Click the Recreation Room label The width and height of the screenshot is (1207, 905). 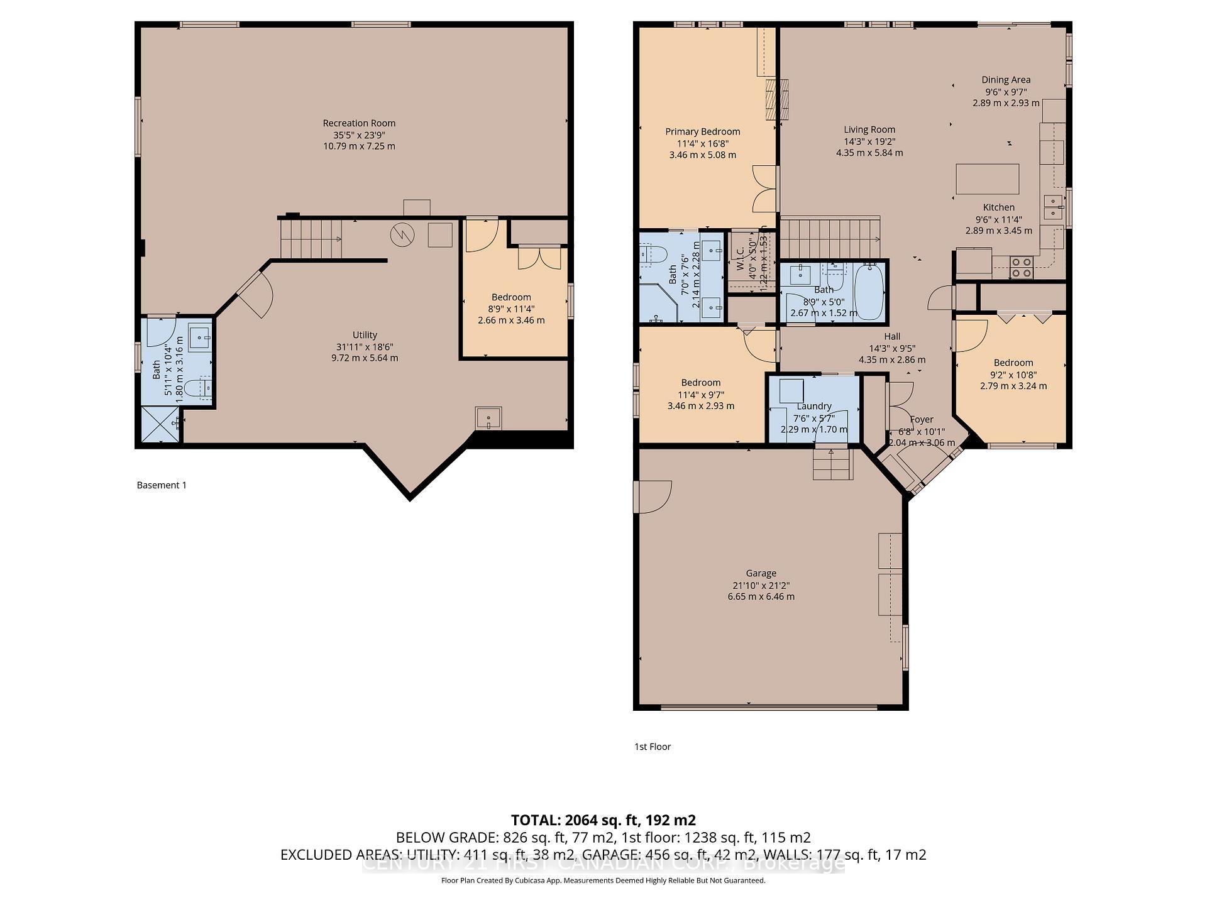(x=359, y=123)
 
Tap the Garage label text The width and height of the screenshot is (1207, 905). (x=761, y=573)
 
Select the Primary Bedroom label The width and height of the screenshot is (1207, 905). (x=702, y=131)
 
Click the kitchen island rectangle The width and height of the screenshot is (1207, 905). (x=987, y=179)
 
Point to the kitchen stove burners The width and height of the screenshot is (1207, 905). (x=1022, y=268)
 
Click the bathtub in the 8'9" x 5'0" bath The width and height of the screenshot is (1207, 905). (x=869, y=292)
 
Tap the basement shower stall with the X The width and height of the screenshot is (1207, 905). (x=160, y=424)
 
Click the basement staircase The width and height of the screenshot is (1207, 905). (x=311, y=238)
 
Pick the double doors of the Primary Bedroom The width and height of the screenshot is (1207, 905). (x=765, y=189)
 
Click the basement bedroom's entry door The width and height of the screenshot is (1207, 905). (x=481, y=234)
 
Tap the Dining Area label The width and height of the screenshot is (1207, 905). (x=1006, y=80)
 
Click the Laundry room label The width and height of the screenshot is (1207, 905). (x=813, y=406)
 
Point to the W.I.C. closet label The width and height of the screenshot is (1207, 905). (x=740, y=254)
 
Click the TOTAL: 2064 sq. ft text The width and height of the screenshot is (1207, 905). (x=603, y=820)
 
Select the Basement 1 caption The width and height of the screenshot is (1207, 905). (x=162, y=485)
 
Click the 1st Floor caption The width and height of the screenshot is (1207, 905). (x=653, y=747)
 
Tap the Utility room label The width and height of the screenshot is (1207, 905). (x=365, y=335)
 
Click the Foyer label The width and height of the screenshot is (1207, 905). (x=922, y=419)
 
